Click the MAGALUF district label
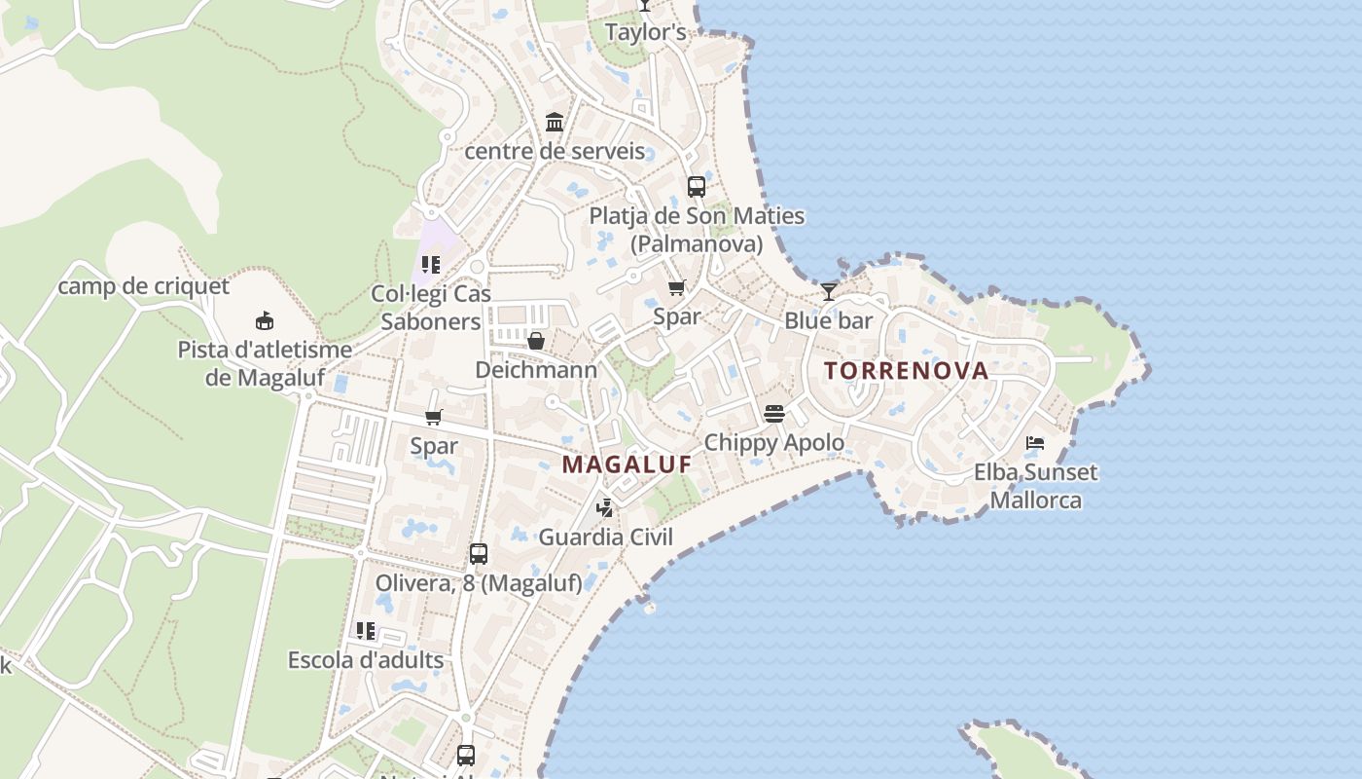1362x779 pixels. tap(627, 464)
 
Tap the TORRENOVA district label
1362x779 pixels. tap(906, 370)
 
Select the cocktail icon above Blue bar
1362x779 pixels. tap(828, 291)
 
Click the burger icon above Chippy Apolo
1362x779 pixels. tap(774, 414)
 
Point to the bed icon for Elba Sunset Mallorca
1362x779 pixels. tap(1035, 443)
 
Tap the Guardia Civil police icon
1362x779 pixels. tap(605, 507)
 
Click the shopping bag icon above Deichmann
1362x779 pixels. tap(536, 341)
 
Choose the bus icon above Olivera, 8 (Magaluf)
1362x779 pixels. tap(478, 553)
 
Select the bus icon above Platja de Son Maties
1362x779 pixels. tap(697, 186)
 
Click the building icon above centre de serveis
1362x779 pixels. tap(555, 122)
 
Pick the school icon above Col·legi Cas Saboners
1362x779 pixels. tap(431, 264)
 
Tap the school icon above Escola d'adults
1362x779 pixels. tap(366, 631)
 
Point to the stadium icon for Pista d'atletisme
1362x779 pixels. tap(264, 320)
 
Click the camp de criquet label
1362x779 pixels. tap(143, 286)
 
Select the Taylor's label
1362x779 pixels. tap(646, 32)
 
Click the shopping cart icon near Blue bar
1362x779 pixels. tap(677, 287)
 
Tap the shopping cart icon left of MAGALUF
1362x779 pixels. tap(434, 418)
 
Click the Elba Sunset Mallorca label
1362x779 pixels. tap(1035, 486)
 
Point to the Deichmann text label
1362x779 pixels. tap(536, 370)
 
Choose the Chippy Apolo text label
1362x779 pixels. tap(774, 442)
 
